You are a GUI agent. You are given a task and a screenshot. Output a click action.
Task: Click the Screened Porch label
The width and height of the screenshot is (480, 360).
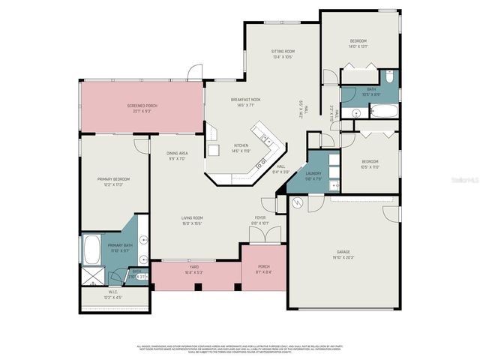(x=140, y=106)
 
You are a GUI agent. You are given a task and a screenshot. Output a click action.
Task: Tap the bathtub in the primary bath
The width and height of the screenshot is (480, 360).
(x=92, y=247)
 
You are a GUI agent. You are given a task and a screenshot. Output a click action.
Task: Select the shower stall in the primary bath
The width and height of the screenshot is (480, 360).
(x=92, y=275)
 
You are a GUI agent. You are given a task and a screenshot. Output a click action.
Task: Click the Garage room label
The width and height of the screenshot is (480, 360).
(x=343, y=252)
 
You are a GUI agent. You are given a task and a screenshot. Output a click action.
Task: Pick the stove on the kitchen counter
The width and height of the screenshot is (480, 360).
(x=261, y=163)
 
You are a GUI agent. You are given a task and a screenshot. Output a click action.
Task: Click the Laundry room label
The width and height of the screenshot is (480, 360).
(x=313, y=173)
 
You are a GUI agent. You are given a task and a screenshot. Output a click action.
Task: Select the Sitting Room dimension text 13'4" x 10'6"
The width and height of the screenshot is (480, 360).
(x=283, y=57)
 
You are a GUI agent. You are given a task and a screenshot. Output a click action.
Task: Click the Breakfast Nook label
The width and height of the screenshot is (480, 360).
(x=245, y=100)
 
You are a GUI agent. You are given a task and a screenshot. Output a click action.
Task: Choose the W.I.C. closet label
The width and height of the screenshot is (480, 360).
(x=113, y=292)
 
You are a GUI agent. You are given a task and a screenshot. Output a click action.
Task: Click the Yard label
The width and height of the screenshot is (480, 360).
(x=193, y=266)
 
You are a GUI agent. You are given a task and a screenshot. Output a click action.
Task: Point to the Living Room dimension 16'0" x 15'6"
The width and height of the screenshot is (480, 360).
(x=193, y=223)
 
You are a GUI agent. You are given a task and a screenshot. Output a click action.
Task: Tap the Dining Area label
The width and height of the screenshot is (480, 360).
(x=177, y=153)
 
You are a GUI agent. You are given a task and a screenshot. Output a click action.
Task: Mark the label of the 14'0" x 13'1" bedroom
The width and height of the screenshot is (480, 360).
(x=358, y=40)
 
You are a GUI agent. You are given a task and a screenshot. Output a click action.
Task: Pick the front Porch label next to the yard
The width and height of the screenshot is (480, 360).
(x=263, y=266)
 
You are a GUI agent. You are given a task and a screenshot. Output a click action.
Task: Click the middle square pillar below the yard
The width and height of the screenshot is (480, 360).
(x=196, y=286)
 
